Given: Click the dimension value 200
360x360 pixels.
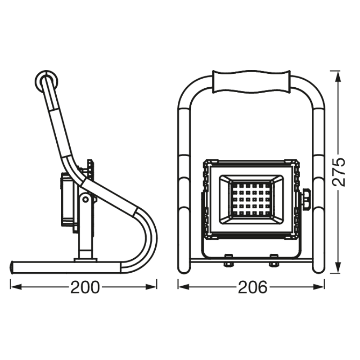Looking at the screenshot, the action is tap(85, 287).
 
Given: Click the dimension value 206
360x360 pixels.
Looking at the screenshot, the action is tap(252, 287).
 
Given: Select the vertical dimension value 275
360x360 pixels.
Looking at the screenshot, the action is tap(339, 172).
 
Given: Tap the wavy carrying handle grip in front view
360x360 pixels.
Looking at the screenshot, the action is tap(252, 82).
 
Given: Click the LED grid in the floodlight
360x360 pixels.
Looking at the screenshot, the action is tap(251, 200).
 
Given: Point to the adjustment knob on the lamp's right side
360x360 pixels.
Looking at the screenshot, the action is tap(306, 199).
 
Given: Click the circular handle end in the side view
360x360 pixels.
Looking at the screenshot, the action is tap(46, 81).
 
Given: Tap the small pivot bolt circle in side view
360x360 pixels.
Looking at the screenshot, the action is tap(85, 200).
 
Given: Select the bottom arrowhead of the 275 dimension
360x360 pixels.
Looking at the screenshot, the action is tap(337, 268).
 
